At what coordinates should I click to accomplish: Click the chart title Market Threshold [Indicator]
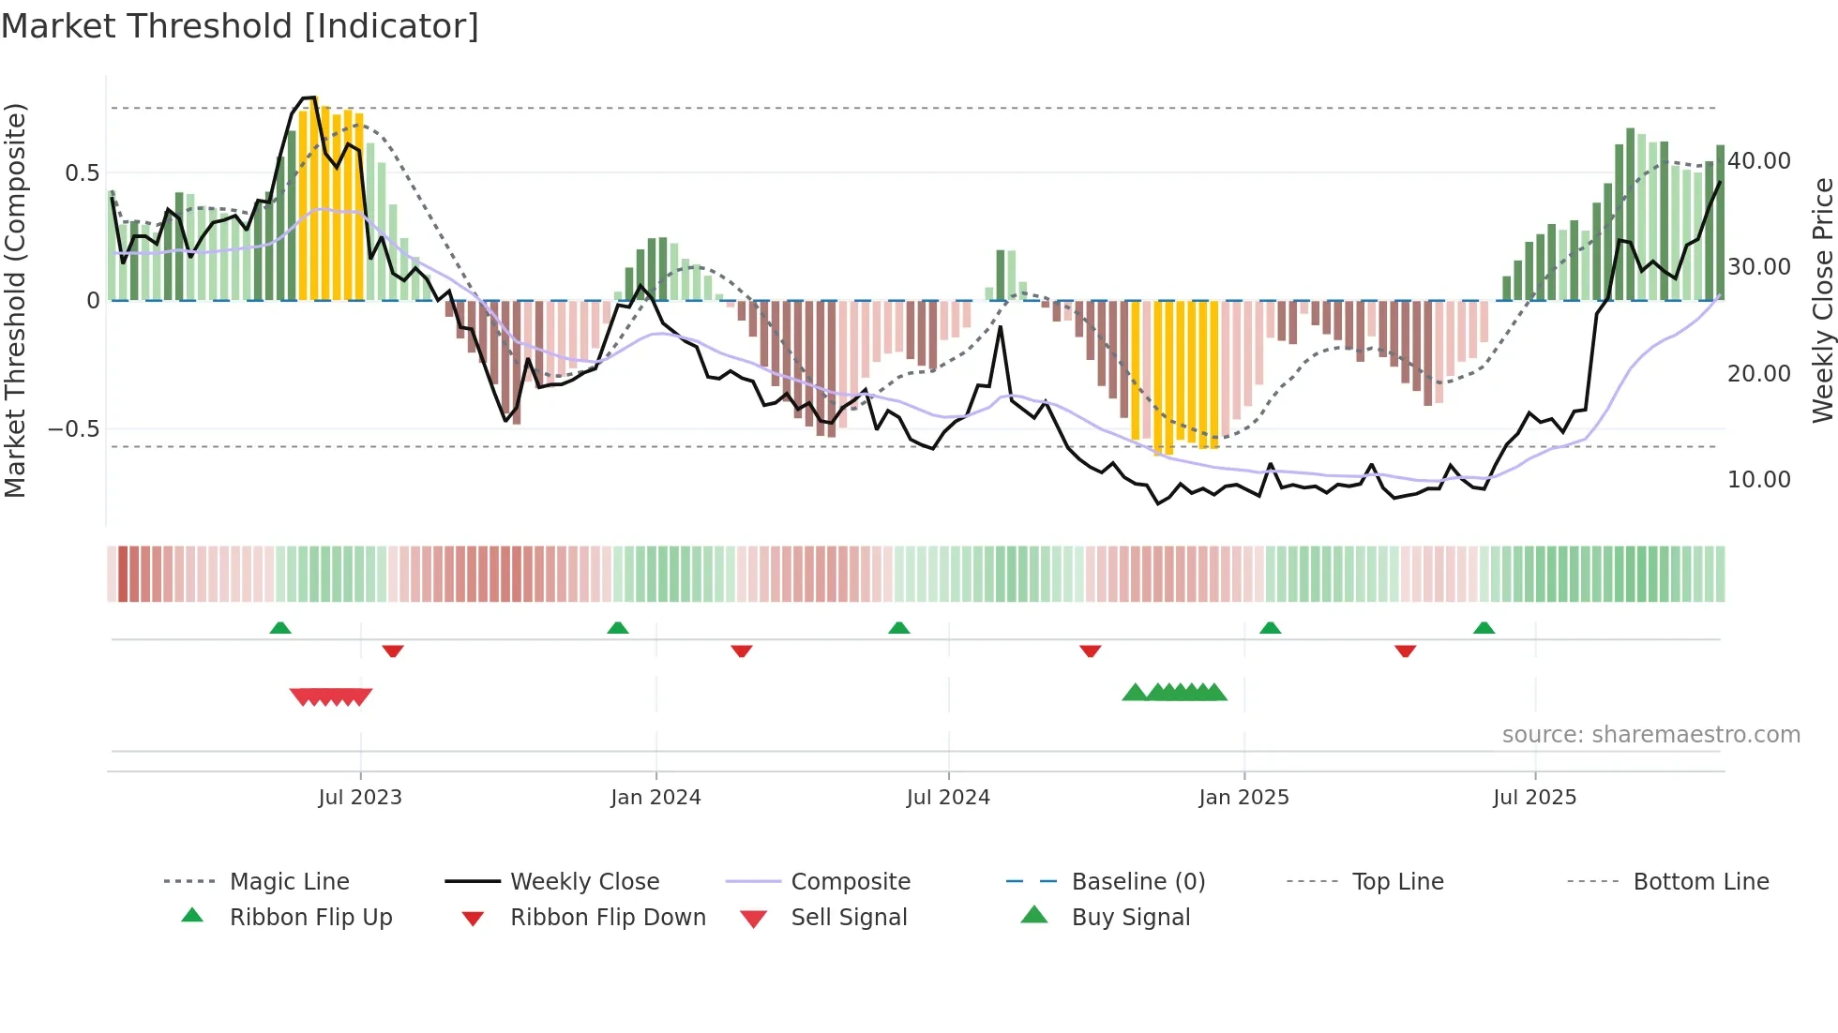point(240,26)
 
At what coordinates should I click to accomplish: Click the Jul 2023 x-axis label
point(360,798)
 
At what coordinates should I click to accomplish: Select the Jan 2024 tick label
point(655,798)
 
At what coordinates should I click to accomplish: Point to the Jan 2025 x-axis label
point(1243,798)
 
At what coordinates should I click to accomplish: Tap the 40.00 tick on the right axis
point(1759,161)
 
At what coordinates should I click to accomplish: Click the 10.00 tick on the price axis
point(1759,480)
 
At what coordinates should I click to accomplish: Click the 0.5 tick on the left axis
point(82,173)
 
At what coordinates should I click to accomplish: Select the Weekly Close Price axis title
point(1822,300)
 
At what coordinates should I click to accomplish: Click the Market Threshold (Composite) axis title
point(15,300)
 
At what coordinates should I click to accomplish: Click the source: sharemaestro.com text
point(1650,735)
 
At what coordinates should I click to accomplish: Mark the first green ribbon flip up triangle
point(280,628)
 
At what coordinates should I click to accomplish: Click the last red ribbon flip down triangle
point(1405,651)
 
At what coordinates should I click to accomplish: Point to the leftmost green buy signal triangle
point(1135,693)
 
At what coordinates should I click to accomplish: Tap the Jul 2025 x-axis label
point(1534,798)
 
